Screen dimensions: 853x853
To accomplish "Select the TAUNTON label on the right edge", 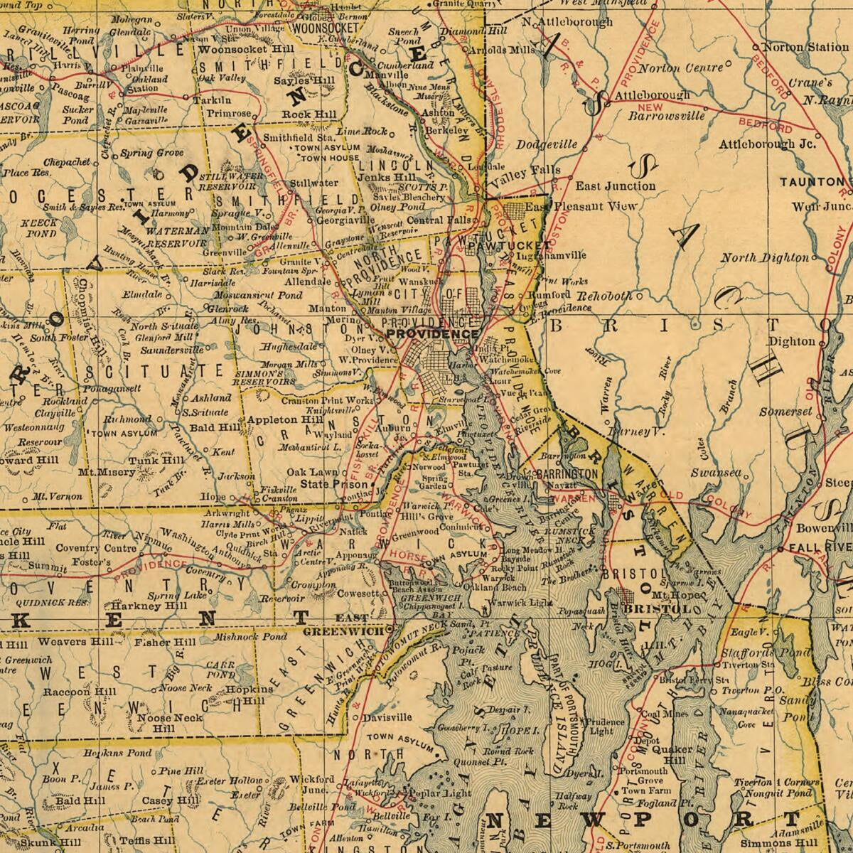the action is point(810,182).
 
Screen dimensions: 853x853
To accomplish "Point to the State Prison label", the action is point(326,483).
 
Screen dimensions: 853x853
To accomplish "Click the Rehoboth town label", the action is point(603,295).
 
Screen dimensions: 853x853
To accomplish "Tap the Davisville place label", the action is point(387,717).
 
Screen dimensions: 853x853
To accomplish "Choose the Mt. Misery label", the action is point(107,471).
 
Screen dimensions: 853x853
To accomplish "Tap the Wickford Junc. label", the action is point(311,784).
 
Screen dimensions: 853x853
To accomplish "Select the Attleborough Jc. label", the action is point(767,144).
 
